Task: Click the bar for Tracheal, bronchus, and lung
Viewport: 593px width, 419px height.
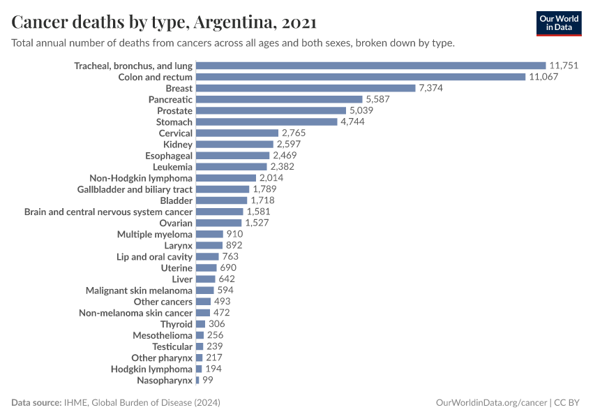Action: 370,66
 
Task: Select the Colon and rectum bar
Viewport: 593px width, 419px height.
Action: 360,77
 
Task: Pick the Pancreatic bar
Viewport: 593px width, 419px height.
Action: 279,99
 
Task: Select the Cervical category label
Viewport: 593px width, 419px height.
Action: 175,133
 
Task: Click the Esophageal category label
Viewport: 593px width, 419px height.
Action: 169,155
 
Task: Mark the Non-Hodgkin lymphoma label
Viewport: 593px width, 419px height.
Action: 141,177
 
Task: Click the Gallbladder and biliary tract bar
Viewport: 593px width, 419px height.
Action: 223,189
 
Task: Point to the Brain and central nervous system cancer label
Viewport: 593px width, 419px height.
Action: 108,211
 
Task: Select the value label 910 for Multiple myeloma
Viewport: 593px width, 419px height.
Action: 234,234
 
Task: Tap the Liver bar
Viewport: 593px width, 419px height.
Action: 206,279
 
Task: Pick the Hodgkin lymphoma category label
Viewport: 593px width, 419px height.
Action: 151,369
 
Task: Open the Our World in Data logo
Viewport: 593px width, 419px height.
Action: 558,23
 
